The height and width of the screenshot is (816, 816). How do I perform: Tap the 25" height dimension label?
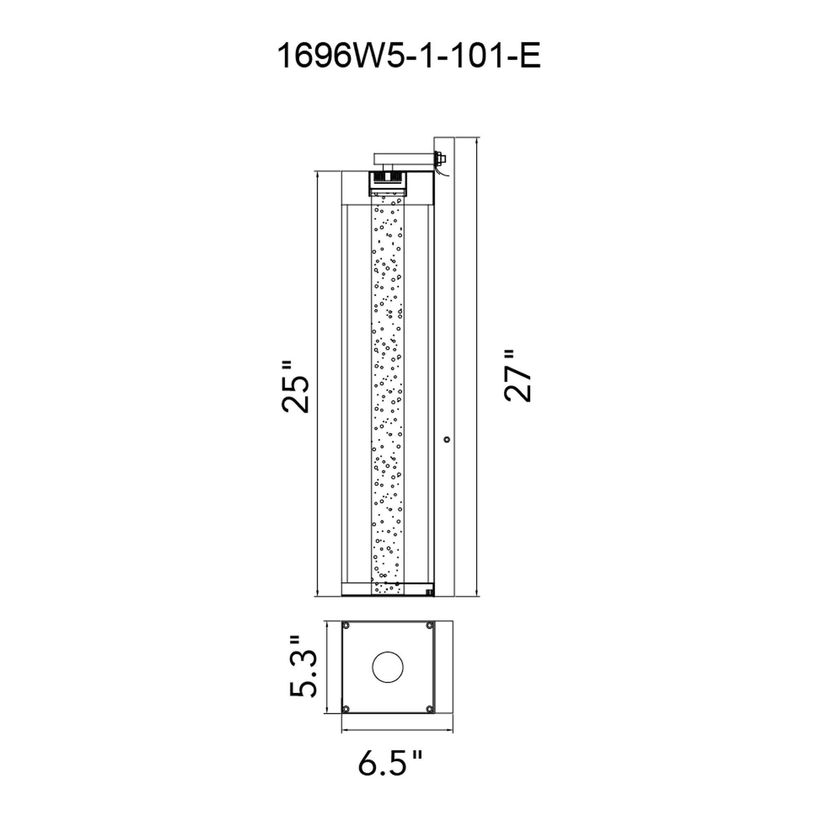coord(296,386)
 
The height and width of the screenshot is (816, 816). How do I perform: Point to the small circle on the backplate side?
coord(447,440)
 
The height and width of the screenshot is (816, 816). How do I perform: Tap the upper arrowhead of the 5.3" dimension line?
coord(327,623)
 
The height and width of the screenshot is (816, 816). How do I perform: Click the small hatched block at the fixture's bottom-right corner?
coord(430,592)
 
